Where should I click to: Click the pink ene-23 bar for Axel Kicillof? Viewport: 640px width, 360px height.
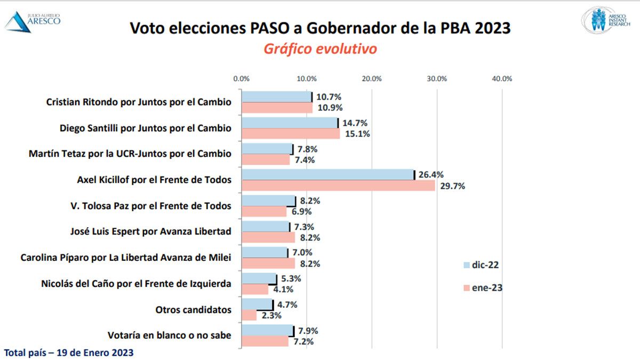pyautogui.click(x=338, y=186)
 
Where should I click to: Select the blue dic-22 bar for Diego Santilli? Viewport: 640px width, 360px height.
pyautogui.click(x=290, y=123)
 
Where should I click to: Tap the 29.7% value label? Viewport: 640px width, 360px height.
pyautogui.click(x=452, y=186)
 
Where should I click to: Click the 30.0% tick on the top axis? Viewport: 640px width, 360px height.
pyautogui.click(x=437, y=78)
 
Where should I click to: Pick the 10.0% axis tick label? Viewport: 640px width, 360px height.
pyautogui.click(x=307, y=78)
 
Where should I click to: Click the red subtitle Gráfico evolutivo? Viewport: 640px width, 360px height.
pyautogui.click(x=320, y=49)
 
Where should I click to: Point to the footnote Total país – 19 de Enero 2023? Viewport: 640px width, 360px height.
pyautogui.click(x=69, y=353)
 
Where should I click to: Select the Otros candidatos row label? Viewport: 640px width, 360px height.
pyautogui.click(x=193, y=309)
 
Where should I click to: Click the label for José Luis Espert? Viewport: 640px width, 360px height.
pyautogui.click(x=151, y=231)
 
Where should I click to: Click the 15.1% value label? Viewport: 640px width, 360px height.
pyautogui.click(x=357, y=134)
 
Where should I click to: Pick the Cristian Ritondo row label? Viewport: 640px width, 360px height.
pyautogui.click(x=139, y=101)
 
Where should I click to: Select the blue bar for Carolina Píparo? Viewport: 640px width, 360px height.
pyautogui.click(x=264, y=252)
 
